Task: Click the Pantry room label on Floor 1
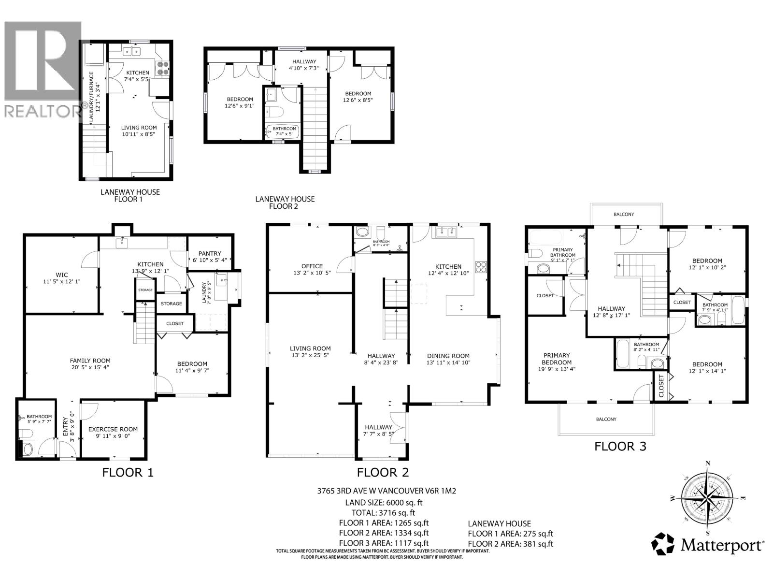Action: [x=210, y=253]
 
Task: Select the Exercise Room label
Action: [x=113, y=429]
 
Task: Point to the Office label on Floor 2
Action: [x=312, y=266]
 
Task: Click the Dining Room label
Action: [x=448, y=356]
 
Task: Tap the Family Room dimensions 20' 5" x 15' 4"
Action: [x=90, y=367]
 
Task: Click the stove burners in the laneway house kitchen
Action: [x=163, y=67]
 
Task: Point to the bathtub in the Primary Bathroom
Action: [x=546, y=237]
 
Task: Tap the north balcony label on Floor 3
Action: [x=624, y=214]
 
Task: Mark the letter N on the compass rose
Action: [x=708, y=463]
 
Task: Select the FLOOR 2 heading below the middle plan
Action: [x=383, y=472]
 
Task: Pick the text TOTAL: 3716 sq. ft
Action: [x=383, y=513]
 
